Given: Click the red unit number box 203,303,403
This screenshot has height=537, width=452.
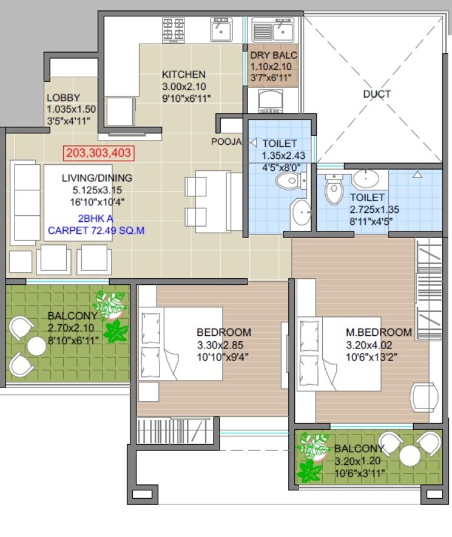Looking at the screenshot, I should [x=98, y=153].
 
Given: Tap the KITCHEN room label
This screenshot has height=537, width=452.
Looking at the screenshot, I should [x=183, y=75].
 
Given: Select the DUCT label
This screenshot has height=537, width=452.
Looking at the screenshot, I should [x=377, y=94].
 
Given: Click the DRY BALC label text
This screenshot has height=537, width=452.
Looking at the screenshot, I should [x=274, y=55].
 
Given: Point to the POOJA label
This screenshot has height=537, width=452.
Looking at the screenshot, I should [x=226, y=142].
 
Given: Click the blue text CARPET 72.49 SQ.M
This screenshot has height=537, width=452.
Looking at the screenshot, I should [x=96, y=230].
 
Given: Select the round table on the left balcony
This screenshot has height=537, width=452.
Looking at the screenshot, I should [x=36, y=346].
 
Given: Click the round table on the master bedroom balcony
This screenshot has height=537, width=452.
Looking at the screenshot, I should [x=410, y=456].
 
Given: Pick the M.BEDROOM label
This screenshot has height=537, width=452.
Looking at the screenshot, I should [x=379, y=332].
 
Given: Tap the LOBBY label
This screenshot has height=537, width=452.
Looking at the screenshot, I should [x=63, y=98].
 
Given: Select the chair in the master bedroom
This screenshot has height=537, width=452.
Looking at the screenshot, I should [x=424, y=398].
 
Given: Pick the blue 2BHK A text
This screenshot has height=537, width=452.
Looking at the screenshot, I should [x=95, y=218].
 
